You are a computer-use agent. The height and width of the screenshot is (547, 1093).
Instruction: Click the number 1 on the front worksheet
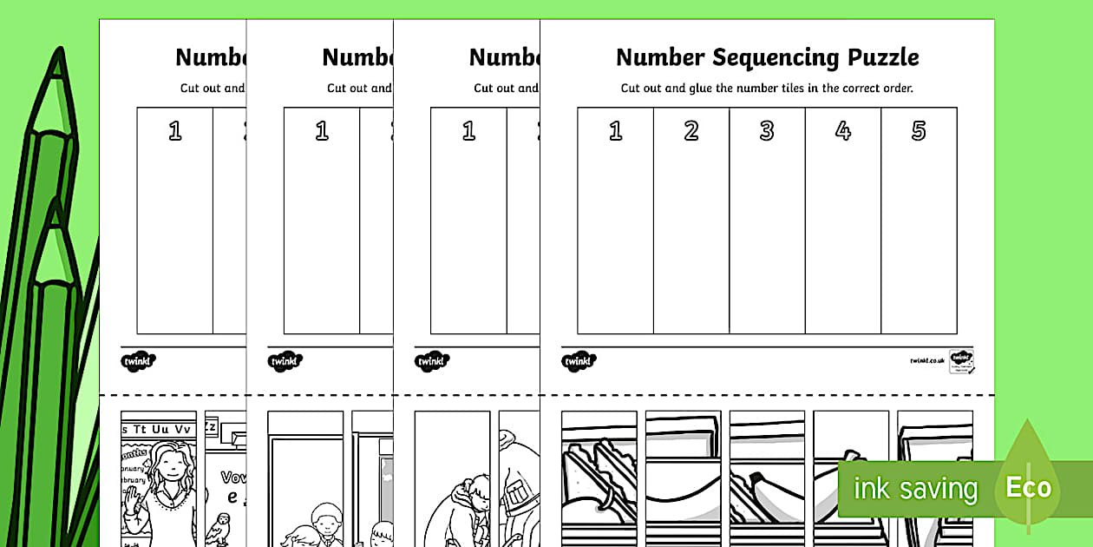pos(616,131)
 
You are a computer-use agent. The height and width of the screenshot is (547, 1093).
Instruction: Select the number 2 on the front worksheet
pos(691,131)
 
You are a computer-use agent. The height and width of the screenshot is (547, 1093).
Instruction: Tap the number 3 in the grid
pos(767,131)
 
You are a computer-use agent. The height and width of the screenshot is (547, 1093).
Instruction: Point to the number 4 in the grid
pos(843,131)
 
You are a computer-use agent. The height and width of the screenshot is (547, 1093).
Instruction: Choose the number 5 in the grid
pos(919,131)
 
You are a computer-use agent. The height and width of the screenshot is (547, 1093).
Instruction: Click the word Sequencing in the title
pos(761,58)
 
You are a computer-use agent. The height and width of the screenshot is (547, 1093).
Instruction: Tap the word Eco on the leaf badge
pos(1028,488)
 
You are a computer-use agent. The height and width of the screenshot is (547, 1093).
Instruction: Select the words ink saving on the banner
pos(915,489)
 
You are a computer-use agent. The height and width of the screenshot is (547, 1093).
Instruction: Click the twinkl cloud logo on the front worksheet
pos(579,361)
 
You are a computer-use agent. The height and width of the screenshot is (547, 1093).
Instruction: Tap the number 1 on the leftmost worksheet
pos(175,131)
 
